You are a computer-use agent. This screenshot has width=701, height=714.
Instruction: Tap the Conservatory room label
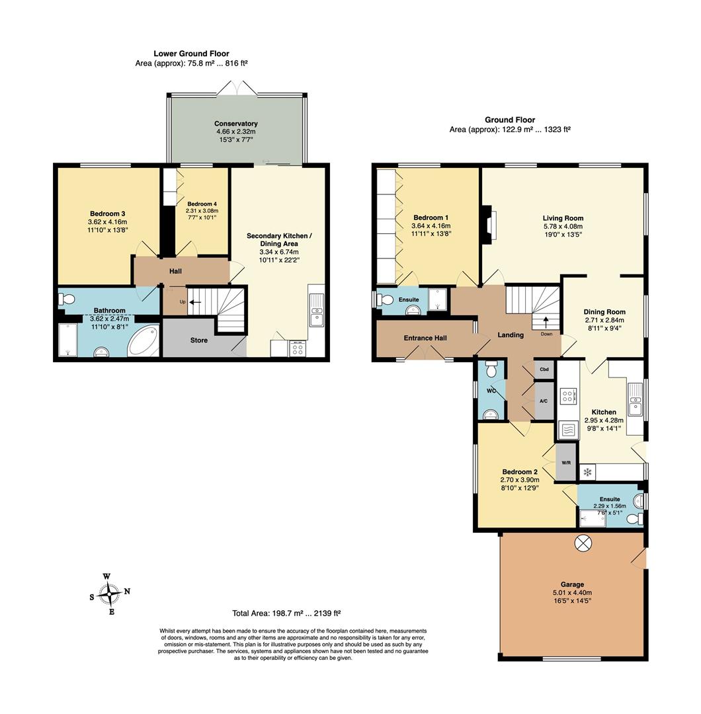[236, 124]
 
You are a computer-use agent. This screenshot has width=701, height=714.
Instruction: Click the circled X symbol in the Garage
[582, 542]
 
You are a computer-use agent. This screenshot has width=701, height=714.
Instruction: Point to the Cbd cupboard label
[544, 370]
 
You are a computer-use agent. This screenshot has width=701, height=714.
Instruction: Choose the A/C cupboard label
[544, 401]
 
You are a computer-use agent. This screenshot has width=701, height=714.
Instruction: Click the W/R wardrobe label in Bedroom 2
[566, 463]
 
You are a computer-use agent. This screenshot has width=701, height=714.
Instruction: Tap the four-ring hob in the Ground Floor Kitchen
[567, 396]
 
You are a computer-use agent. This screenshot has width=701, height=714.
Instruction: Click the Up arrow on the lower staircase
[195, 301]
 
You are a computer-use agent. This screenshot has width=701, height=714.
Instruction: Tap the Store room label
[198, 340]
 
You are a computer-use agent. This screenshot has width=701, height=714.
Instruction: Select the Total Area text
[286, 613]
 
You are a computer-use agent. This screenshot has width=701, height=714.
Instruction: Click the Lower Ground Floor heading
[191, 54]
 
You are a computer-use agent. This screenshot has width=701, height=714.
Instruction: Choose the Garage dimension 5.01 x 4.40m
[572, 592]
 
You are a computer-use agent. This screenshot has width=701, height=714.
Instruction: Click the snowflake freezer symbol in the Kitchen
[587, 472]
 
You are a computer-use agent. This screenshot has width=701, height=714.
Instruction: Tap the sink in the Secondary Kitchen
[317, 310]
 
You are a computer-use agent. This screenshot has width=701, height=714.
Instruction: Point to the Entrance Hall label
[425, 338]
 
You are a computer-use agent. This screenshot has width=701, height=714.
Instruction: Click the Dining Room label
[604, 312]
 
